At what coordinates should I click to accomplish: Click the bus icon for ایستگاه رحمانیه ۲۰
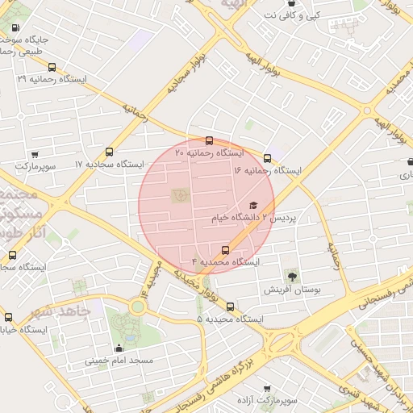click(210, 140)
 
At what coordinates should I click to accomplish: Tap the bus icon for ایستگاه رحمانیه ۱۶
click(267, 158)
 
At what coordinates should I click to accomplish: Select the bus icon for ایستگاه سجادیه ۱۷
click(110, 152)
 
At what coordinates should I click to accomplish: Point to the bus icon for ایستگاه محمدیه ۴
click(225, 249)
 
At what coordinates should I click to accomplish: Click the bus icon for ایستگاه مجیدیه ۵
click(231, 307)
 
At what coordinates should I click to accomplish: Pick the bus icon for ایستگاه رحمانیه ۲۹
click(52, 68)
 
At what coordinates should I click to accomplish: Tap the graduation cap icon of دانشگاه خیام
click(253, 206)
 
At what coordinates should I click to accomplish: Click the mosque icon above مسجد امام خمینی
click(119, 348)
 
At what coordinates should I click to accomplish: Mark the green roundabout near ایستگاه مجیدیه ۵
click(137, 306)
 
